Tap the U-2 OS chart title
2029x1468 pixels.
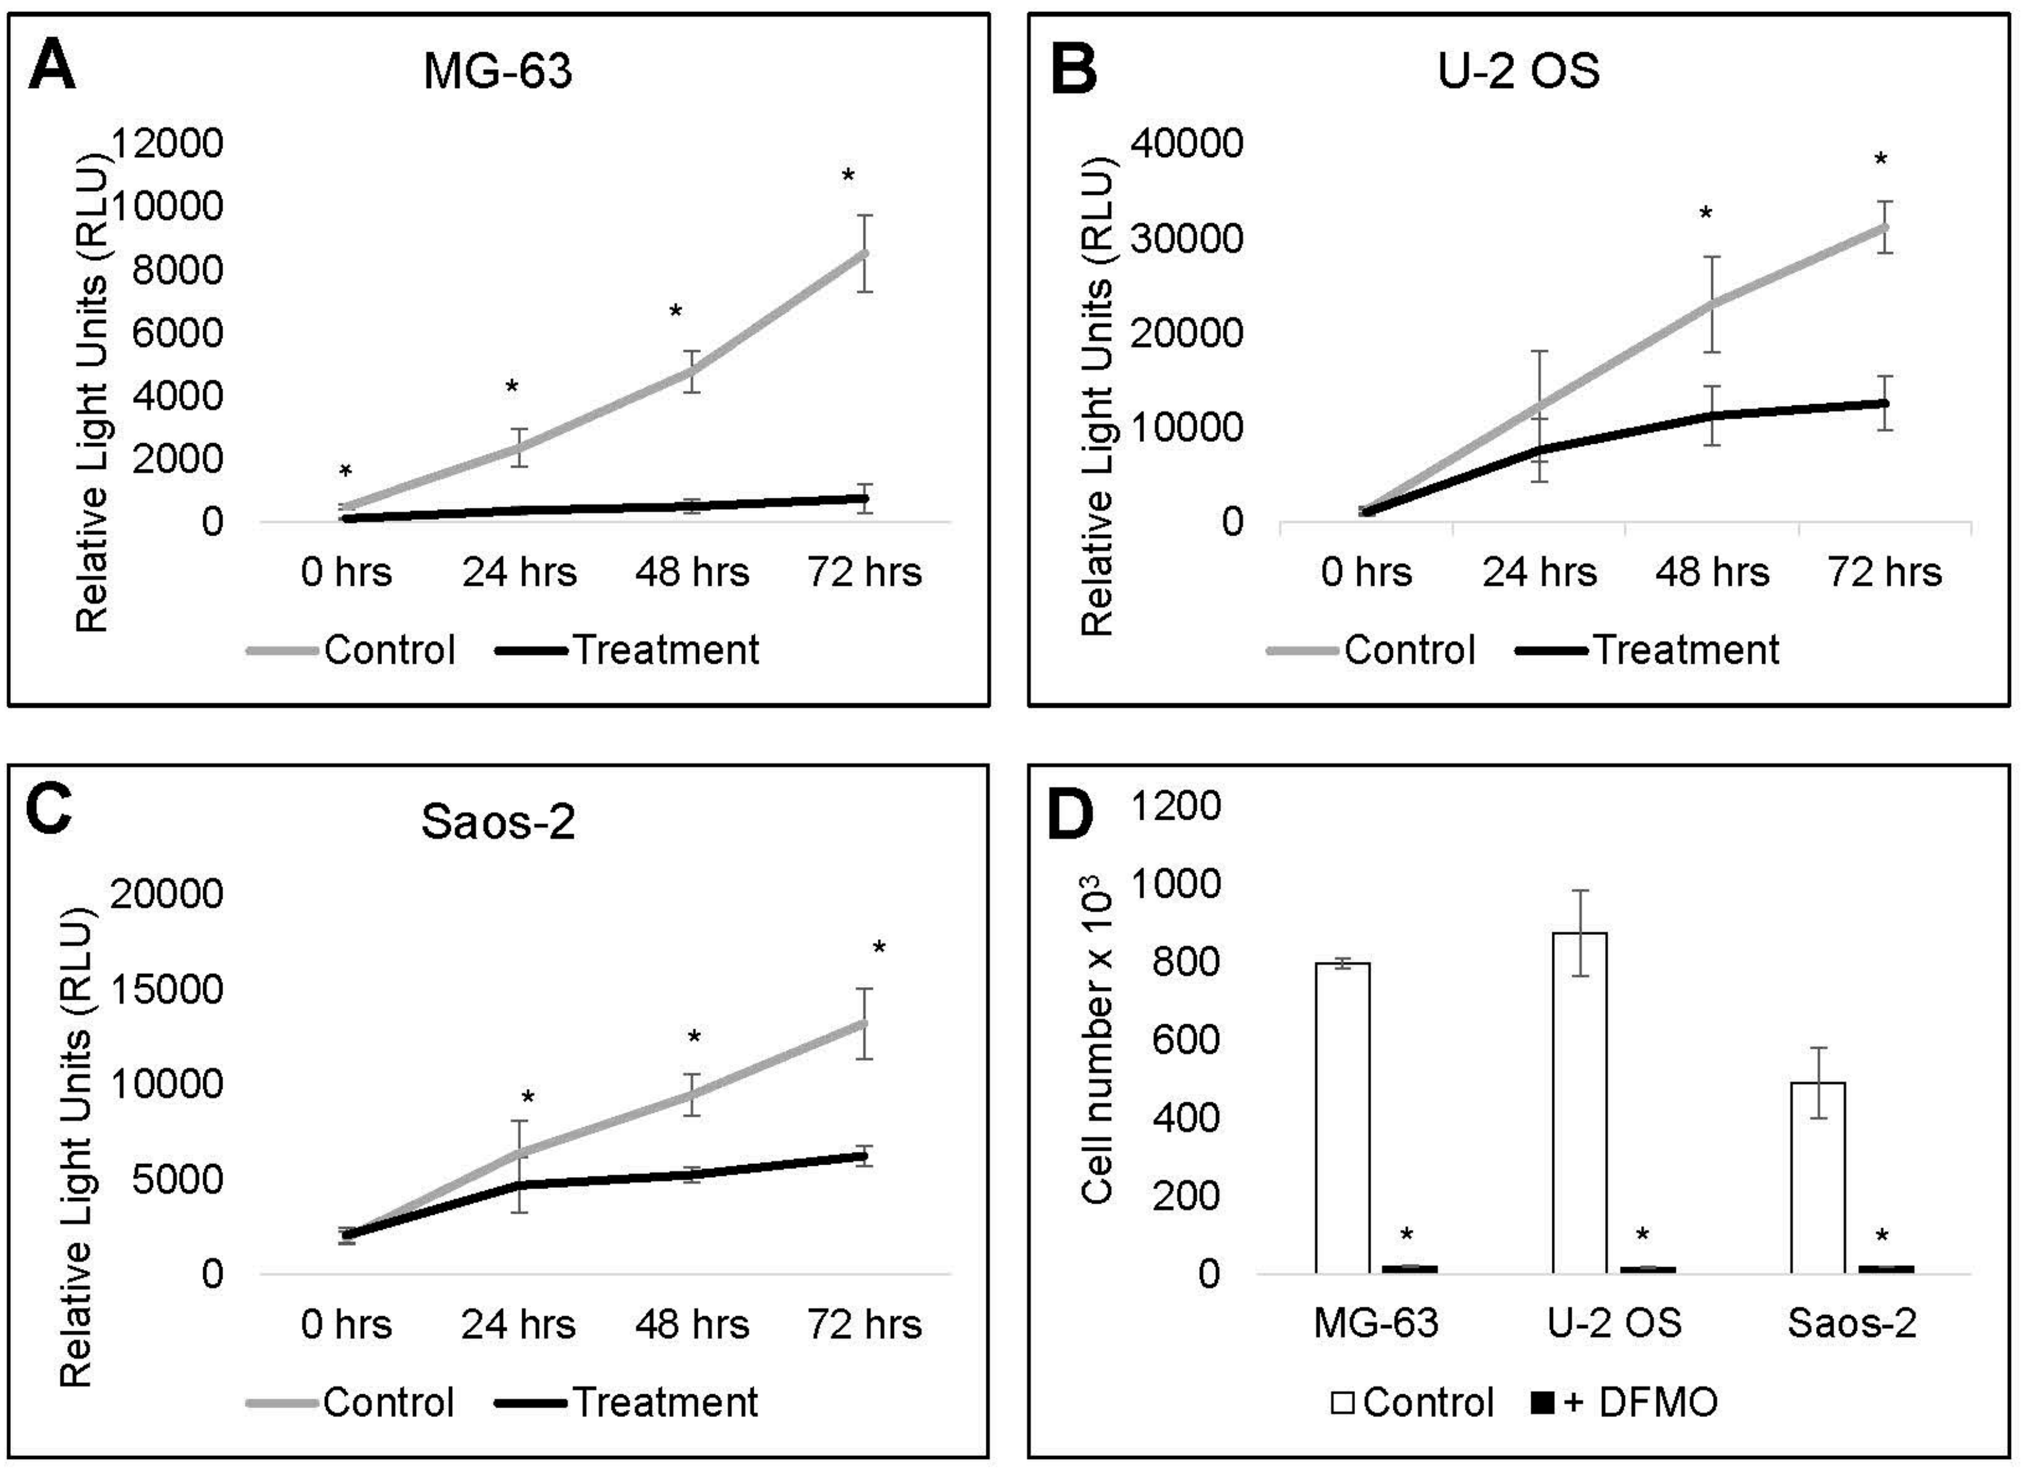(x=1518, y=71)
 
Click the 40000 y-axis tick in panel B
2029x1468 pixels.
(x=1187, y=143)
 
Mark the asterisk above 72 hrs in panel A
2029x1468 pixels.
(x=847, y=175)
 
